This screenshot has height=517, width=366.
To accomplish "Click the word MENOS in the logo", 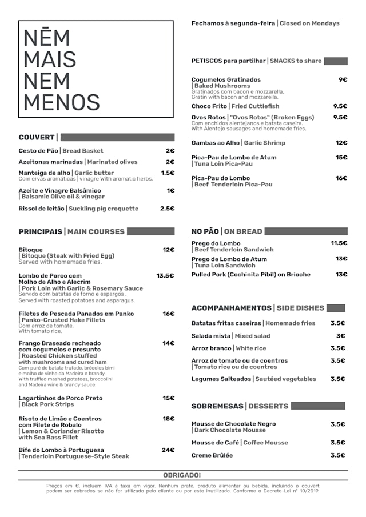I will tap(62, 102).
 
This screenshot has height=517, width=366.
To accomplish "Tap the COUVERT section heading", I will tap(37, 137).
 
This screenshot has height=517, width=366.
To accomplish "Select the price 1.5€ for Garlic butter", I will tap(168, 173).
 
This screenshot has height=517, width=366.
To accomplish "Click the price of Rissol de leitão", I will tap(167, 209).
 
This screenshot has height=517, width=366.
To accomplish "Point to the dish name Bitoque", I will tap(31, 250).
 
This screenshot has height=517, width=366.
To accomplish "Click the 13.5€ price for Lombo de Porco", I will tap(165, 275).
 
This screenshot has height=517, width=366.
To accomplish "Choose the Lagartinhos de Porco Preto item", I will tap(61, 398).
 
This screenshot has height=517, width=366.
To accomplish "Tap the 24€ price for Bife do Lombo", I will tap(168, 450).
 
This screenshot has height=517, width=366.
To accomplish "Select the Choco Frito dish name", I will tap(209, 106).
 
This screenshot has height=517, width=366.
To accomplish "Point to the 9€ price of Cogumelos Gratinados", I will tap(343, 79).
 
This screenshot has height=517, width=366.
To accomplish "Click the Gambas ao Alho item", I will tap(216, 143).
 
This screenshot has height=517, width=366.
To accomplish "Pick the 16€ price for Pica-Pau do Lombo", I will tap(341, 178).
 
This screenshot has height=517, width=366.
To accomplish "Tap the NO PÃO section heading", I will tap(205, 231).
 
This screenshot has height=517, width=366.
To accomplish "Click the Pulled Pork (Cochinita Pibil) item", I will tap(251, 274).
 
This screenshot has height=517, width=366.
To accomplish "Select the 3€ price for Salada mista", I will tap(340, 335).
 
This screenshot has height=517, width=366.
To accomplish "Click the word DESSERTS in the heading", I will tap(268, 406).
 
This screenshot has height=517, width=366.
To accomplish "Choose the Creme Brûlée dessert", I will tap(212, 455).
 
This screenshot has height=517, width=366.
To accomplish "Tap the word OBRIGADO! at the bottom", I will tap(182, 475).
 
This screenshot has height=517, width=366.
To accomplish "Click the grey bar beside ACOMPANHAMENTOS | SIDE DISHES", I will tap(336, 308).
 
